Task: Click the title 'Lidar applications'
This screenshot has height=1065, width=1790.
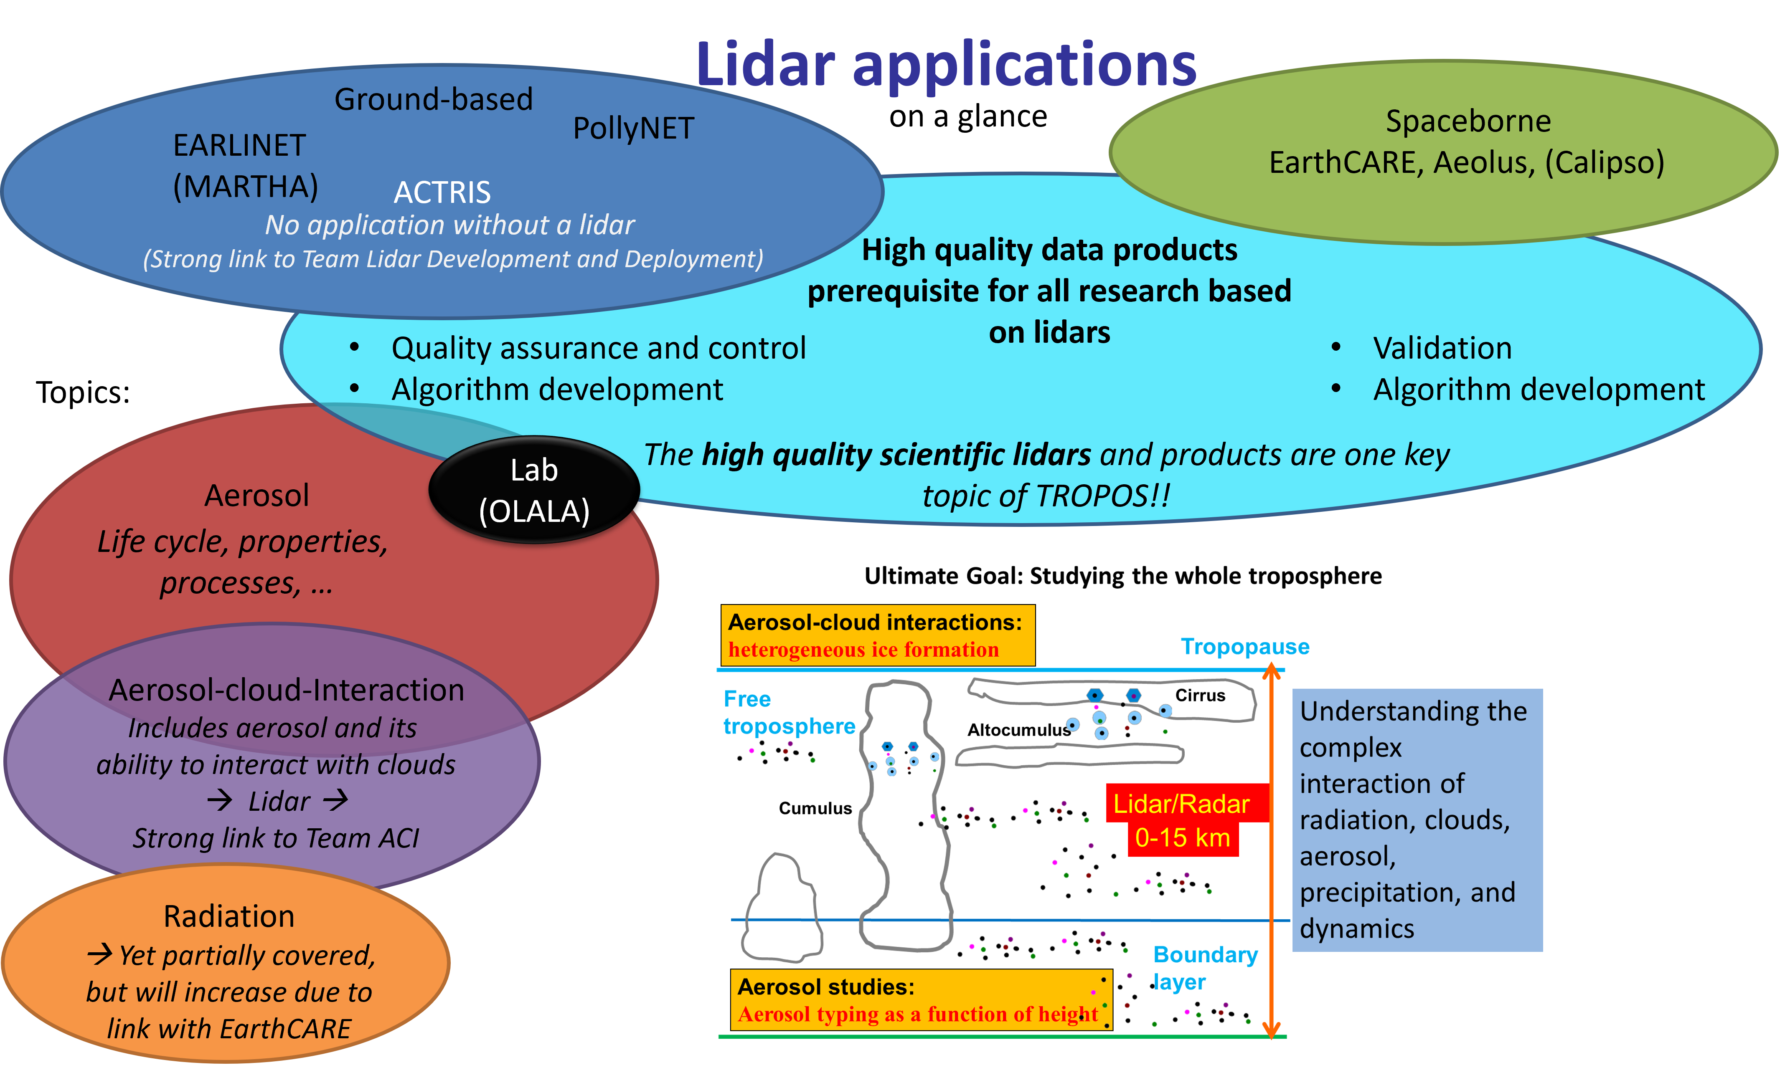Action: coord(946,65)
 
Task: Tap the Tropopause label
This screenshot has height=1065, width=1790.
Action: coord(1244,647)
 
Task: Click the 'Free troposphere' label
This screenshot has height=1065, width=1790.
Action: coord(788,713)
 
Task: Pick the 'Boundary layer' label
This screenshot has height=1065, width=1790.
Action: coord(1205,968)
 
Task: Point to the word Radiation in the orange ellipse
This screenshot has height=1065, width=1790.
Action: coord(229,916)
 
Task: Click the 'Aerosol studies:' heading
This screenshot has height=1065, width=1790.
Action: coord(826,987)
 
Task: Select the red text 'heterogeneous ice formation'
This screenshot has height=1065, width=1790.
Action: coord(863,650)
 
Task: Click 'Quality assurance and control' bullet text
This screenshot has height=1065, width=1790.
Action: coord(598,348)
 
